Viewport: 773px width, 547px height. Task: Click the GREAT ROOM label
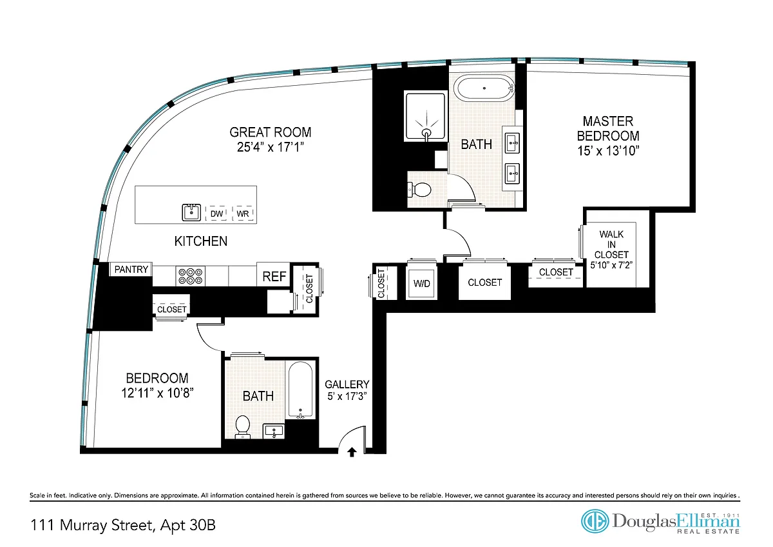pos(270,132)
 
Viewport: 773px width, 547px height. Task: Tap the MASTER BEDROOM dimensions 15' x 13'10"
pos(608,151)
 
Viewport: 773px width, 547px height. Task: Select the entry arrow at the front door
pos(352,452)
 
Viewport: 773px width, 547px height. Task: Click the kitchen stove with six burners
pos(190,276)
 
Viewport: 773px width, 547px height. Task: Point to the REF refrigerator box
pos(274,274)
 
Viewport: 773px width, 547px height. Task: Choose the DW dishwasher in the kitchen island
pos(216,214)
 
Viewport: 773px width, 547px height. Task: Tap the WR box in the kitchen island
pos(243,214)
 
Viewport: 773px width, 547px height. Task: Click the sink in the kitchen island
pos(191,212)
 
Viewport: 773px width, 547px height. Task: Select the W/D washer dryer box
pos(421,283)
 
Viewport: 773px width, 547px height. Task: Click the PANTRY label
pos(131,269)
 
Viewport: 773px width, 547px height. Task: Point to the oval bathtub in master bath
pos(484,88)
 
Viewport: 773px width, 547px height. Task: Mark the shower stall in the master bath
pos(426,116)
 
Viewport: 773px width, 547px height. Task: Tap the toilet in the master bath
pos(420,190)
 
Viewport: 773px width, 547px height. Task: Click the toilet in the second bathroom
pos(243,426)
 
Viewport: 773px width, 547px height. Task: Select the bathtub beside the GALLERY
pos(301,390)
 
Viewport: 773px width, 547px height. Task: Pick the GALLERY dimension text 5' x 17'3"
pos(347,396)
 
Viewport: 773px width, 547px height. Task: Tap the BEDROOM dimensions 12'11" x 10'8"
pos(157,393)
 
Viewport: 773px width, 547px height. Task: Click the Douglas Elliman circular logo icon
pos(595,521)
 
